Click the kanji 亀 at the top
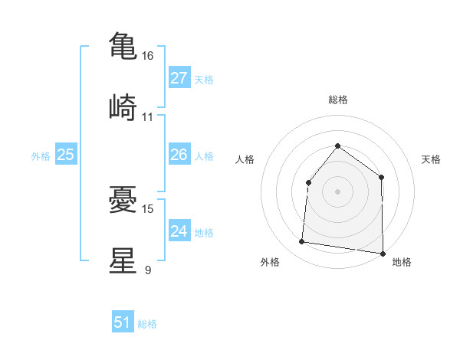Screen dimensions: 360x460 [x=123, y=46]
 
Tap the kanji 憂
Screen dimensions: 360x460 [x=123, y=198]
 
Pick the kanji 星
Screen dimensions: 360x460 [x=123, y=260]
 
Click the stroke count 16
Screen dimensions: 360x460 [x=148, y=56]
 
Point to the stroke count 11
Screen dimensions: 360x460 [x=148, y=116]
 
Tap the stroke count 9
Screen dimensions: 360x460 [x=148, y=270]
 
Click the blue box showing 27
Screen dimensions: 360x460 [x=179, y=78]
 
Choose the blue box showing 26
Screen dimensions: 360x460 [x=179, y=155]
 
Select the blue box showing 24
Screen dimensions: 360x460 [x=179, y=231]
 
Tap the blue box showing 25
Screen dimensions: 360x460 [x=66, y=155]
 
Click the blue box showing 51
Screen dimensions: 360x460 [x=123, y=322]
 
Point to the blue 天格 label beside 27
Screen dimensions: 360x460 [x=204, y=79]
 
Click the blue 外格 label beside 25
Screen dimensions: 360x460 [x=41, y=155]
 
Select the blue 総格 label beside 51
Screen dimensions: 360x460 [x=147, y=323]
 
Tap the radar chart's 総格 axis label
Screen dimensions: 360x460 [x=337, y=100]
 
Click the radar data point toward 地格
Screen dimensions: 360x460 [x=383, y=253]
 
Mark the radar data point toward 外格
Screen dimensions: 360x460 [x=302, y=242]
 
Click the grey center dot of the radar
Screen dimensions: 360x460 [x=337, y=191]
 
